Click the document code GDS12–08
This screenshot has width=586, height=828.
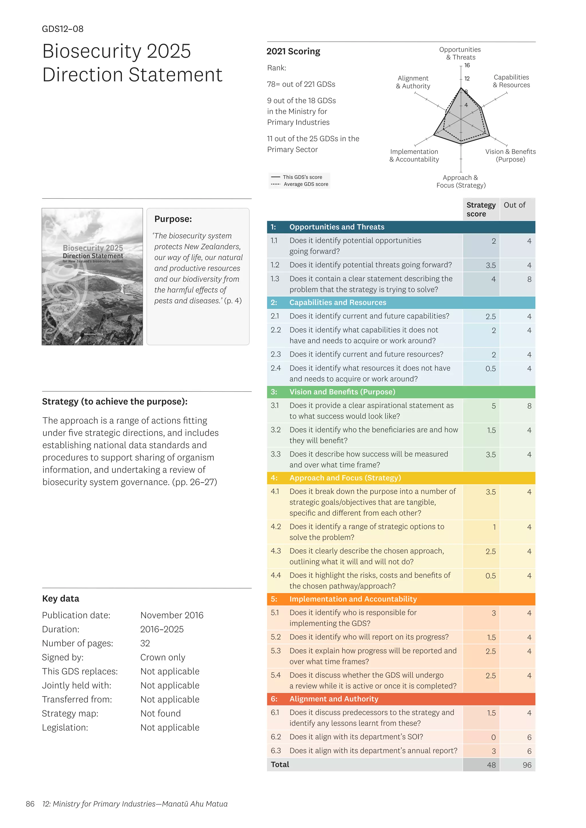(62, 29)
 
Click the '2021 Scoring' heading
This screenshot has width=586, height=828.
(293, 51)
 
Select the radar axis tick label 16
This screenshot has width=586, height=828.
(467, 65)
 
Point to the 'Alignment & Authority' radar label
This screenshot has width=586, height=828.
(413, 82)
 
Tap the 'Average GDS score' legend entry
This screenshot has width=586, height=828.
(306, 184)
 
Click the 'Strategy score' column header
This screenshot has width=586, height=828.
(481, 209)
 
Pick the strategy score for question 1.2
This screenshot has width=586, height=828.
(490, 265)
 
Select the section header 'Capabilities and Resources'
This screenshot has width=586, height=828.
(337, 302)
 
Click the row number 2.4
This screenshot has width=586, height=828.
(276, 368)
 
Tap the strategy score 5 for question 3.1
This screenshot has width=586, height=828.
(493, 406)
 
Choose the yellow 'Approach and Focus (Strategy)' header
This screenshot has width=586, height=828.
(345, 478)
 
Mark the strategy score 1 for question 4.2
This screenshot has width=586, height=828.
(494, 527)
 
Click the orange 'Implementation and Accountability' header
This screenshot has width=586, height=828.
(353, 599)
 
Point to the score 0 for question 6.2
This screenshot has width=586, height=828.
(493, 737)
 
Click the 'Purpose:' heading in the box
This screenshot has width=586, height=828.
(173, 219)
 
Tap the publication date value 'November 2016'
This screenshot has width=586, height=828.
(172, 615)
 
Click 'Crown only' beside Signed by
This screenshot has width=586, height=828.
(163, 657)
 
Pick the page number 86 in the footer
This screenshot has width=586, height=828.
(30, 804)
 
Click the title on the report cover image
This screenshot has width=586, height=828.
(93, 252)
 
